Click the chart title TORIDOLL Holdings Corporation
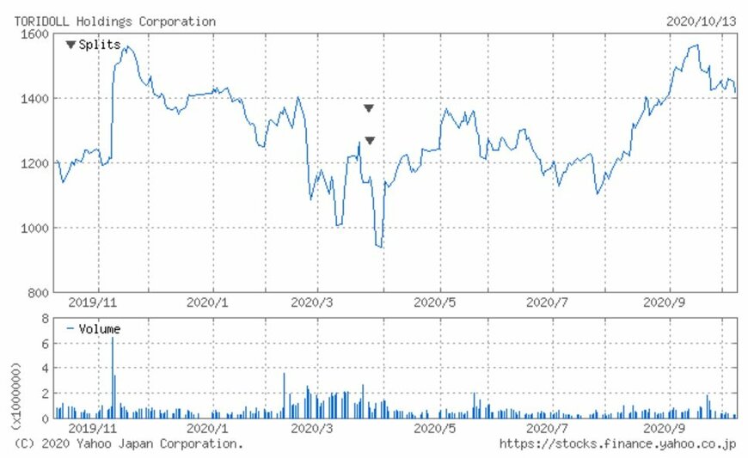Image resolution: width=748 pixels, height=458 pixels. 115,21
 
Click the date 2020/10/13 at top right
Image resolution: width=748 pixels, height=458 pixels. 701,21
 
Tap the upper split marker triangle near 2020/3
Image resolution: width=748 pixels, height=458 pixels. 369,108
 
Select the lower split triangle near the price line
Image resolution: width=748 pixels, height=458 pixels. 370,141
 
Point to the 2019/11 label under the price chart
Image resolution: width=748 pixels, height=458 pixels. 91,302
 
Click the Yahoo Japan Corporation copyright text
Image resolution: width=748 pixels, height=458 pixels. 129,443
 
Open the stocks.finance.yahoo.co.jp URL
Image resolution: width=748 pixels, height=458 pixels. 618,443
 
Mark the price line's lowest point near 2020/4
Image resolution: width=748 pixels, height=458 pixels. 380,247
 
